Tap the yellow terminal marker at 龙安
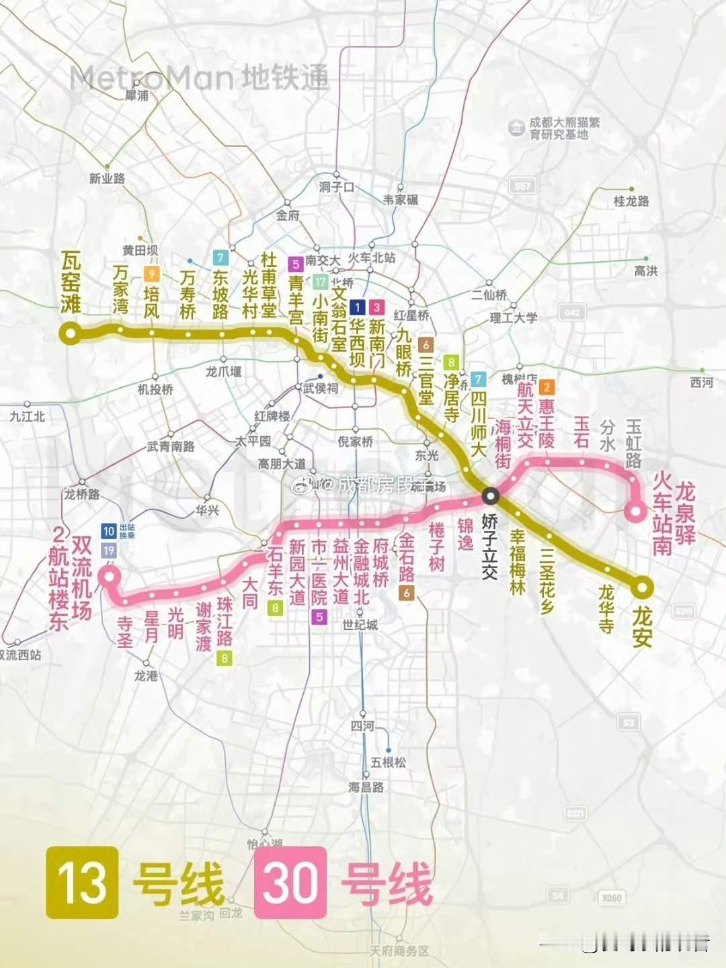click(642, 588)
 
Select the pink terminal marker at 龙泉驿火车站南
click(635, 512)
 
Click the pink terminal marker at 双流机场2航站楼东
click(109, 576)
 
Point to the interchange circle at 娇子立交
click(491, 496)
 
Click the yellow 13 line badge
click(82, 882)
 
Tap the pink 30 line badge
click(290, 882)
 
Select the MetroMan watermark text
click(199, 78)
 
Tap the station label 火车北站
click(371, 258)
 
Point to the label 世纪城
click(360, 624)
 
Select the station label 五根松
click(388, 762)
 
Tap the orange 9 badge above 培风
click(152, 274)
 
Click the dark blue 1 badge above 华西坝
click(358, 307)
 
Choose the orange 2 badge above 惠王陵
click(547, 387)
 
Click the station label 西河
click(701, 382)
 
